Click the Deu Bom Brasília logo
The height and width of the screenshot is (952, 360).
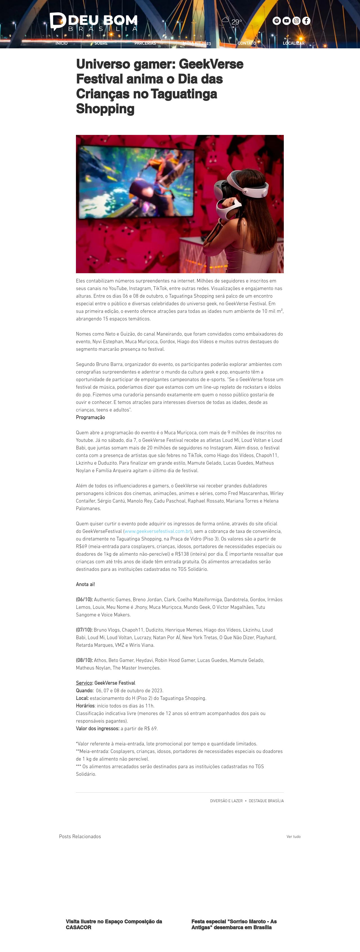tap(93, 21)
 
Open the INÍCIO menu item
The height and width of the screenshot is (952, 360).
tap(61, 43)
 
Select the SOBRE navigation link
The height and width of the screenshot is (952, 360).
tap(101, 43)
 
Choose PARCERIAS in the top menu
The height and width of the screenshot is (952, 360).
tap(145, 43)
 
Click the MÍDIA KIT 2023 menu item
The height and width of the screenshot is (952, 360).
tap(197, 43)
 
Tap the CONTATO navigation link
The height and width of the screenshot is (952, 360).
tap(247, 43)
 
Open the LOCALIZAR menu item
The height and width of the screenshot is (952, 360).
tap(293, 43)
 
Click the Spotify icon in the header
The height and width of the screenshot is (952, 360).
tap(276, 21)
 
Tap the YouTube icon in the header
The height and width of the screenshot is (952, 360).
tap(286, 21)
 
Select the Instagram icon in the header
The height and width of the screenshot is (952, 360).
tap(296, 21)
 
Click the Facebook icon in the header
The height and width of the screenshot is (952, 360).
tap(306, 21)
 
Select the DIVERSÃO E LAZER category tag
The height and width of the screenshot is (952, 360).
tap(226, 801)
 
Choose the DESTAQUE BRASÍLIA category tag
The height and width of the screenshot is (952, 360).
tap(266, 801)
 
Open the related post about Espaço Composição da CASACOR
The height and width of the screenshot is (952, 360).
tap(114, 924)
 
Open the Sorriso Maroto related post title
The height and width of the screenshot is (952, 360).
tap(234, 924)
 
